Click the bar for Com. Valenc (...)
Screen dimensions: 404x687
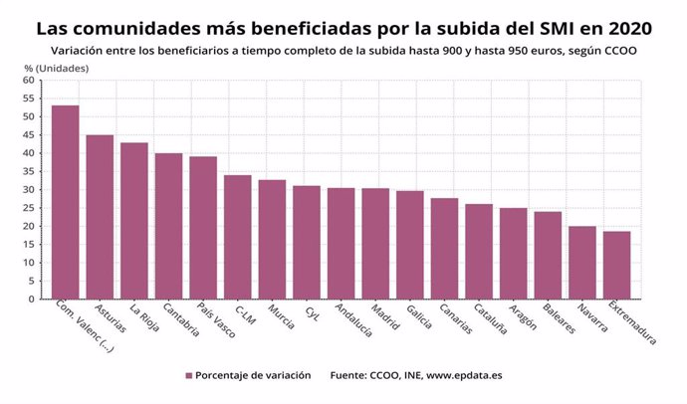pyautogui.click(x=66, y=202)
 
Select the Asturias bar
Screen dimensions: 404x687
pyautogui.click(x=100, y=217)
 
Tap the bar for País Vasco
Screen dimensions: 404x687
pyautogui.click(x=203, y=228)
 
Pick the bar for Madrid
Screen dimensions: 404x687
pyautogui.click(x=375, y=244)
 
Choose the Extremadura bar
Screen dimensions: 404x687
pyautogui.click(x=616, y=265)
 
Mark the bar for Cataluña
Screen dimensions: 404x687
pyautogui.click(x=479, y=252)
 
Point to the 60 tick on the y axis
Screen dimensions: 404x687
pyautogui.click(x=29, y=80)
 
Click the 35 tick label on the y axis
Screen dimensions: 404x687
pyautogui.click(x=29, y=171)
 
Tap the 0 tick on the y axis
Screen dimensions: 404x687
pyautogui.click(x=32, y=299)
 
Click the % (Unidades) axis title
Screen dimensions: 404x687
pyautogui.click(x=56, y=68)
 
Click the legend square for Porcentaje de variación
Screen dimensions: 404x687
pyautogui.click(x=188, y=375)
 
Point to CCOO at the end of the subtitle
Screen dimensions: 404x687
pyautogui.click(x=618, y=49)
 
